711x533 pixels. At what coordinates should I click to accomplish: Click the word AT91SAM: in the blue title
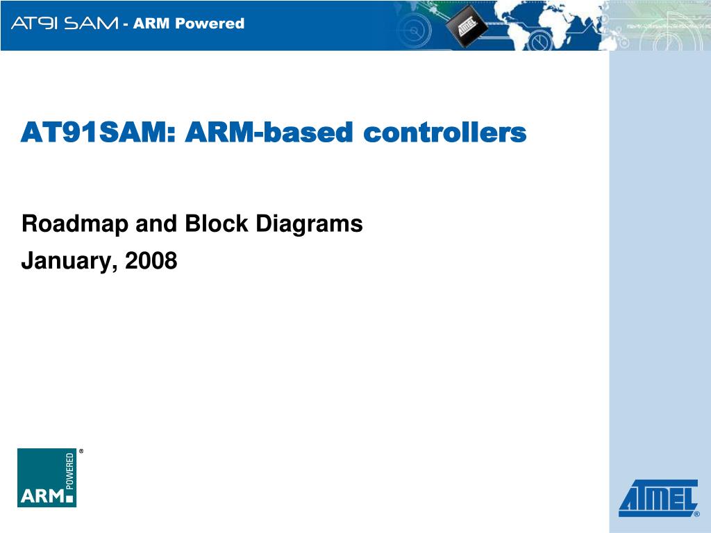98,133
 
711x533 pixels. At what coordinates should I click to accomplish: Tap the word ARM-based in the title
269,133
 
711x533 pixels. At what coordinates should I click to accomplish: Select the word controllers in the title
445,133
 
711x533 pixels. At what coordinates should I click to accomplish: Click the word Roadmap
75,224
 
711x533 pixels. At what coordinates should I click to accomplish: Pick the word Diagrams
309,224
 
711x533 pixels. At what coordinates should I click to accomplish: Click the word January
67,262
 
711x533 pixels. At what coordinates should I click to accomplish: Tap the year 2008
151,261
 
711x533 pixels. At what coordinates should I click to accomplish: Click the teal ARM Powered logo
47,477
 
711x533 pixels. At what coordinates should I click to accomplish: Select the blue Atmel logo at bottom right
658,498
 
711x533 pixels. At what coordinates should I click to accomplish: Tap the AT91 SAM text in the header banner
65,23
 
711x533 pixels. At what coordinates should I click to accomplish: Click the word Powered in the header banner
210,23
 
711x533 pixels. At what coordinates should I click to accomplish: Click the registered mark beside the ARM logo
81,451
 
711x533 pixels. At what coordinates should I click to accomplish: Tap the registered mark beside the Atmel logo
697,514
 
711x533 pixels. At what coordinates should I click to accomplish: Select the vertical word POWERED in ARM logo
70,471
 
